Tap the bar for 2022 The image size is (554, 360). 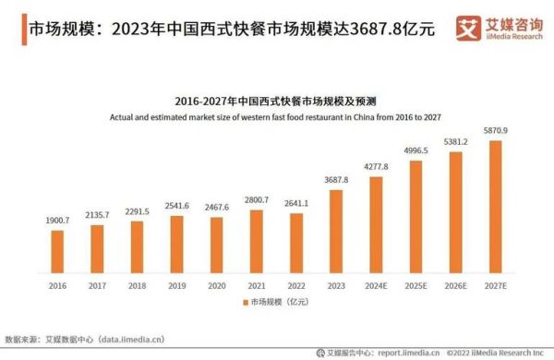click(x=296, y=246)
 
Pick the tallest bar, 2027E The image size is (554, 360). click(x=496, y=209)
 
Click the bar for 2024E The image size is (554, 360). click(x=376, y=225)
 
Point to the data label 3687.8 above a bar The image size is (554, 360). click(x=336, y=180)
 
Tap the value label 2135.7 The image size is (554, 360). click(x=97, y=214)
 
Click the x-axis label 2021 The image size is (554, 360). click(x=256, y=287)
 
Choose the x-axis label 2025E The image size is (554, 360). click(x=415, y=287)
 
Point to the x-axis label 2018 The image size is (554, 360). click(x=137, y=287)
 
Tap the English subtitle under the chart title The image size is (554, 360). click(x=277, y=117)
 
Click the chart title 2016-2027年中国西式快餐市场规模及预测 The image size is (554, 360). click(x=277, y=102)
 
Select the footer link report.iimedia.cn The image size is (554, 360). click(x=405, y=352)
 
